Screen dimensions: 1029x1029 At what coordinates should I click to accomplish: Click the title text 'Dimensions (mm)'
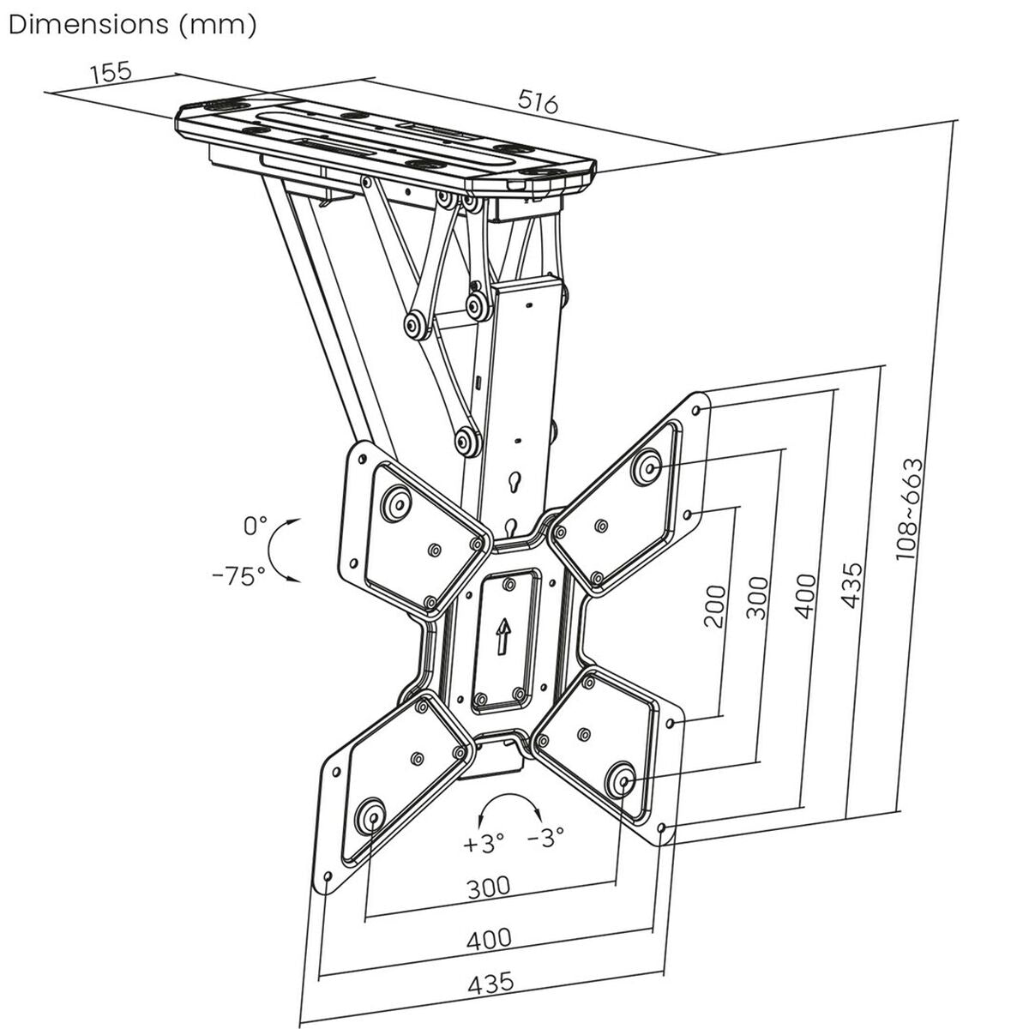tap(132, 24)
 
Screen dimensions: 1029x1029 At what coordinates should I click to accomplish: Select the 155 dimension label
tap(111, 71)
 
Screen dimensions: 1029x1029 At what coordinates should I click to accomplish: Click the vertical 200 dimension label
tap(714, 605)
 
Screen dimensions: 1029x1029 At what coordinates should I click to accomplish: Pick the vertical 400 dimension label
tap(804, 594)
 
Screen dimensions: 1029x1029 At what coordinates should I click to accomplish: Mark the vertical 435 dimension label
tap(850, 586)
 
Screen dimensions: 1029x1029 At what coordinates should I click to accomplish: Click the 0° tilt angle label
tap(255, 525)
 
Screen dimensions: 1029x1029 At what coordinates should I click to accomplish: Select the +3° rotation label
tap(484, 842)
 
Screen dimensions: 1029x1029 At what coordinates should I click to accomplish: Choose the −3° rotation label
tap(545, 838)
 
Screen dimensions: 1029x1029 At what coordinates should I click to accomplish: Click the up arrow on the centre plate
tap(502, 636)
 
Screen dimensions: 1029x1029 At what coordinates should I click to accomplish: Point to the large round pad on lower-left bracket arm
tap(370, 815)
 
